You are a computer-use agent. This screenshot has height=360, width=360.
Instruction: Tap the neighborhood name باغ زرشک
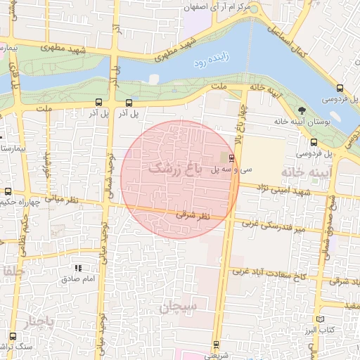coord(175,169)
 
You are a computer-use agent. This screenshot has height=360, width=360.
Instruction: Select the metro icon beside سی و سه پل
coord(233,157)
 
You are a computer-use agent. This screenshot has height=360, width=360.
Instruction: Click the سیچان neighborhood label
coord(180,307)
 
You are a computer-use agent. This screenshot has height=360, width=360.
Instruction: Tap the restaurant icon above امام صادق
coord(79,268)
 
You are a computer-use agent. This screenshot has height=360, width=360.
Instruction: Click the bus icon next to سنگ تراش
coord(13,336)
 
